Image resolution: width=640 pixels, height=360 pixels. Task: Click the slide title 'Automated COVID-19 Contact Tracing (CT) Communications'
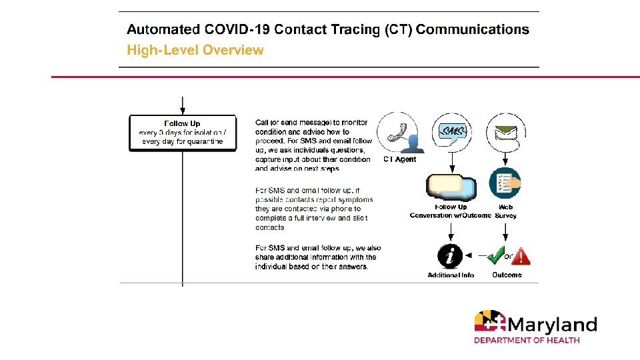pos(328,30)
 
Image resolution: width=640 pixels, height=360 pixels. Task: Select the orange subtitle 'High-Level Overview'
pos(195,50)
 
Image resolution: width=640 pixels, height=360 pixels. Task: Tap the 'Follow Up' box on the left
pos(182,133)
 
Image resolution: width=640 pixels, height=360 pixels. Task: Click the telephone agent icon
pos(401,133)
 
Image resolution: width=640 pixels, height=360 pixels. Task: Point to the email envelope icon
pos(506,132)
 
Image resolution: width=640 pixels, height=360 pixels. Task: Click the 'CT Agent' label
pos(400,160)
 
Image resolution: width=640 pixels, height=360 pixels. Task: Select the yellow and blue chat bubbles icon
pos(452,187)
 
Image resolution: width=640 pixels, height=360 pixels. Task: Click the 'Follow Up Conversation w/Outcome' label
pos(451,211)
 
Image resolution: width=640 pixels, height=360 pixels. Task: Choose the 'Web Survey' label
pos(506,211)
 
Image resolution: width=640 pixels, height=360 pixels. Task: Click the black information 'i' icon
pos(451,255)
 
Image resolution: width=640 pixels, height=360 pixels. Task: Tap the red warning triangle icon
pos(521,255)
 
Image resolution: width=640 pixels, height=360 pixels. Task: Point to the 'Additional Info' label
pos(451,275)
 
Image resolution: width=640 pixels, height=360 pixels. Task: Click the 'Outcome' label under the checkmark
pos(507,275)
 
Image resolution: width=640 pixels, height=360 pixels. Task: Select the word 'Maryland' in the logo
pos(551,325)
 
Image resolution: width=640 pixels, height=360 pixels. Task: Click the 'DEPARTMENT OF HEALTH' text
pos(527,341)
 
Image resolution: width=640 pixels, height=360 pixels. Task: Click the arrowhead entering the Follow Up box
pos(182,111)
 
